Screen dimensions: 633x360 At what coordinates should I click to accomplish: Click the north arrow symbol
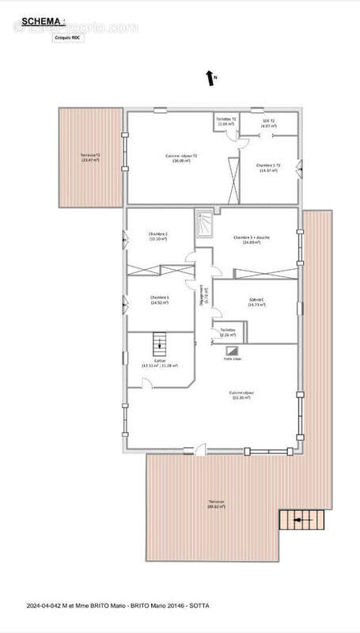point(211,78)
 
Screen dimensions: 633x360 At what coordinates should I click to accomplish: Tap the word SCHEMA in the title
point(37,21)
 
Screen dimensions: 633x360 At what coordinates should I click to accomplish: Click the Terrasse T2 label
point(89,157)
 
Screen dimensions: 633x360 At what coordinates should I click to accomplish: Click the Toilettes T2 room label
point(225,121)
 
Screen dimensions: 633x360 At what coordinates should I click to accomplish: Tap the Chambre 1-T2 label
point(267,168)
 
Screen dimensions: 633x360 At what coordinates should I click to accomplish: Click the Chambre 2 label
point(159,237)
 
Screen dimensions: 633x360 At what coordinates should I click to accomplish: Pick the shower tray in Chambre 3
point(204,223)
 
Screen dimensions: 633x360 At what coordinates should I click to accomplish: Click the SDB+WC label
point(255,301)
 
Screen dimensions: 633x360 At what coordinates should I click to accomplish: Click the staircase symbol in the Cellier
point(159,343)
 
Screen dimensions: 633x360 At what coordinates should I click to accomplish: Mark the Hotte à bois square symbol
point(233,351)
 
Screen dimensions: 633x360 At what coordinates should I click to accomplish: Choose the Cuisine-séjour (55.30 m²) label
point(241,395)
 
